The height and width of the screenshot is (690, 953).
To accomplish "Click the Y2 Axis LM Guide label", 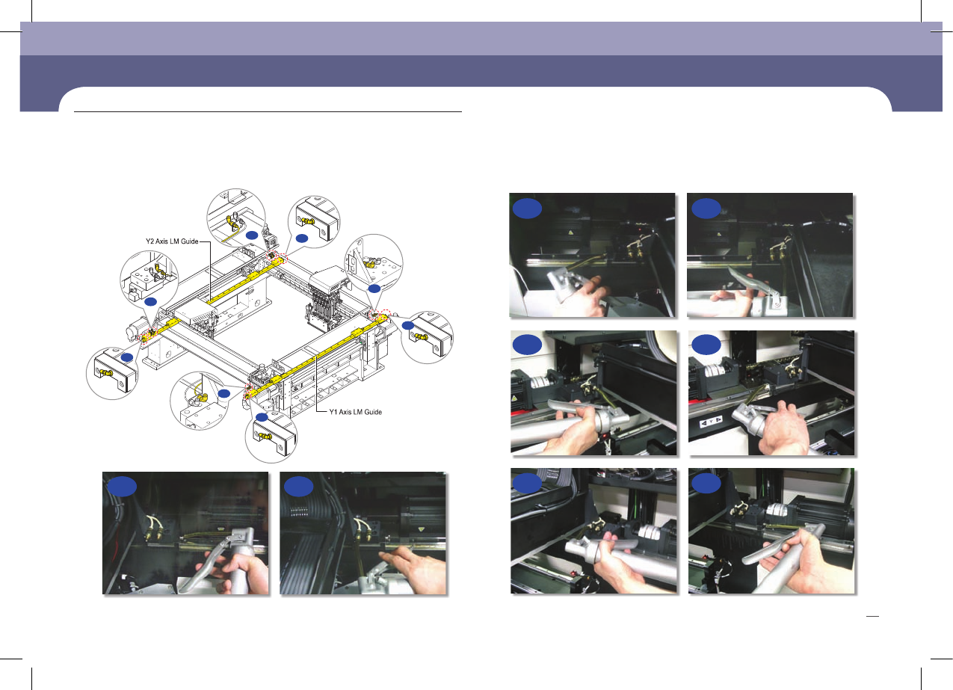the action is pyautogui.click(x=172, y=241).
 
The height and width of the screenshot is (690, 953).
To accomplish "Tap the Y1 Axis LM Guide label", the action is pyautogui.click(x=355, y=412).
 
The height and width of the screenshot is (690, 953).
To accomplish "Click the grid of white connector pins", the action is pyautogui.click(x=299, y=511).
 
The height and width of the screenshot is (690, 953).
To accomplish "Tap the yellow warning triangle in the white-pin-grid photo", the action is pyautogui.click(x=422, y=530).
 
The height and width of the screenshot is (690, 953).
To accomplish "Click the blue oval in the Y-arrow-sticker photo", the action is pyautogui.click(x=706, y=345).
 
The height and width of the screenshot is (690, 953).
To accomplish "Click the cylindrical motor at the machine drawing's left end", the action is pyautogui.click(x=135, y=329).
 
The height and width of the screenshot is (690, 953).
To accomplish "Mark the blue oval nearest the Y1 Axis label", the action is pyautogui.click(x=262, y=417).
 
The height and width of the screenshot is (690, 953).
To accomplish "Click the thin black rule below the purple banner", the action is pyautogui.click(x=268, y=112).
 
